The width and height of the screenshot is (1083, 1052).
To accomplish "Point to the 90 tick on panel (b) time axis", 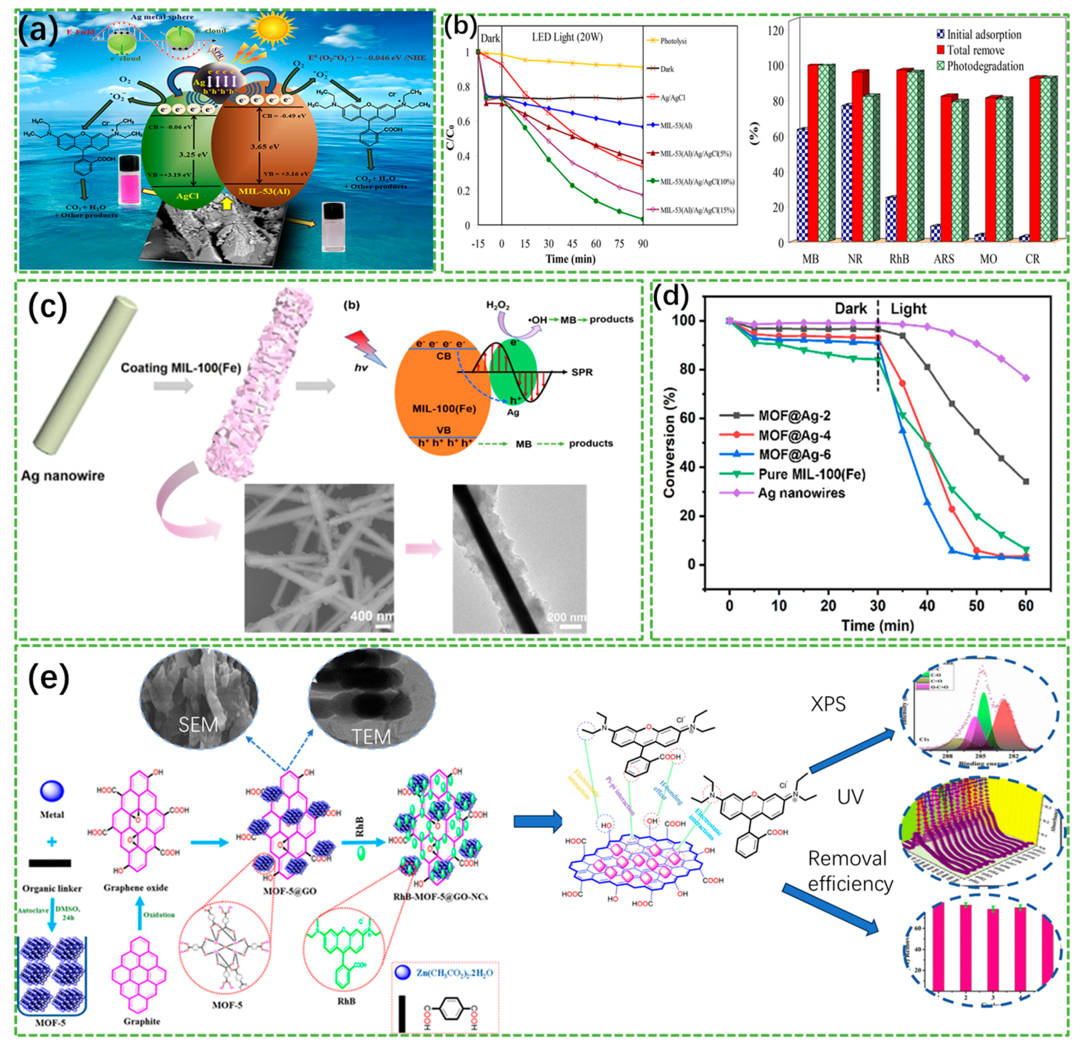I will [642, 244].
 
